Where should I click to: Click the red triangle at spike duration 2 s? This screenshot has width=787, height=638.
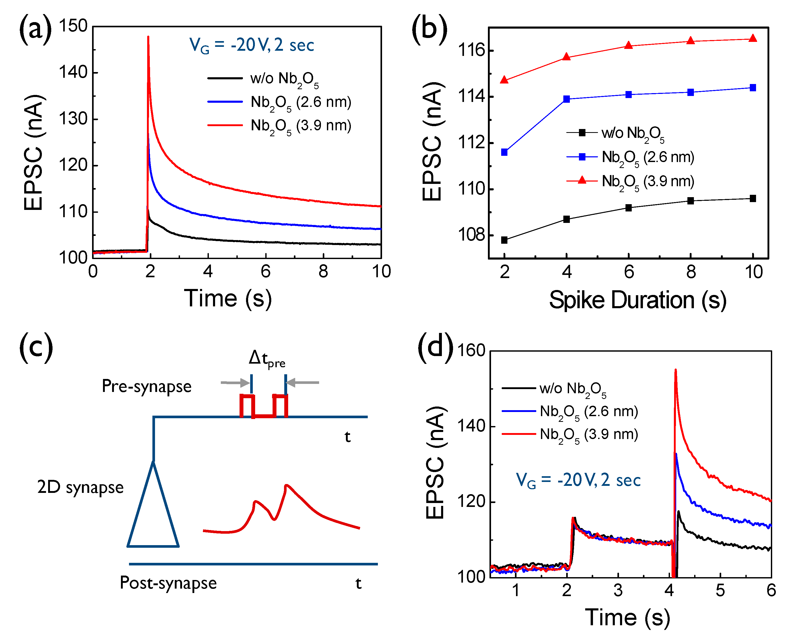[504, 80]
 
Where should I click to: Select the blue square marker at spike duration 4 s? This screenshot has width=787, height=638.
[566, 99]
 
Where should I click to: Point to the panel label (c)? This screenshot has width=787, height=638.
[36, 347]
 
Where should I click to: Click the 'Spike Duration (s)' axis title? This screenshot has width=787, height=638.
[637, 300]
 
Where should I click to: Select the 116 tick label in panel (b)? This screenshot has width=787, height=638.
[471, 50]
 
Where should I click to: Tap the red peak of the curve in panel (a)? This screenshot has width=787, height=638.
[148, 37]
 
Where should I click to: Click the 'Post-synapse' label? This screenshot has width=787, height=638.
[168, 583]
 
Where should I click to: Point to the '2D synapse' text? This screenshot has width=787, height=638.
[80, 487]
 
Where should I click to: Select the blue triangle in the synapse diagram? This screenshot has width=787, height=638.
[153, 514]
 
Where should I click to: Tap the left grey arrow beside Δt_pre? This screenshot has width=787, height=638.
[235, 383]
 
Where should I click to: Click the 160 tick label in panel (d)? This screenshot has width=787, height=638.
[471, 351]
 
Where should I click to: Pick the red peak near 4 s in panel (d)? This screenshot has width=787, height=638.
[675, 370]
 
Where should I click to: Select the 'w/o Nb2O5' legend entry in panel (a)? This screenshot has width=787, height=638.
[284, 78]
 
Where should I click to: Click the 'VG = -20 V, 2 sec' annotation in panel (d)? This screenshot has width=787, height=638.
[578, 480]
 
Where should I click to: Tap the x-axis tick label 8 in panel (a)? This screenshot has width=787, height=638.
[323, 271]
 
